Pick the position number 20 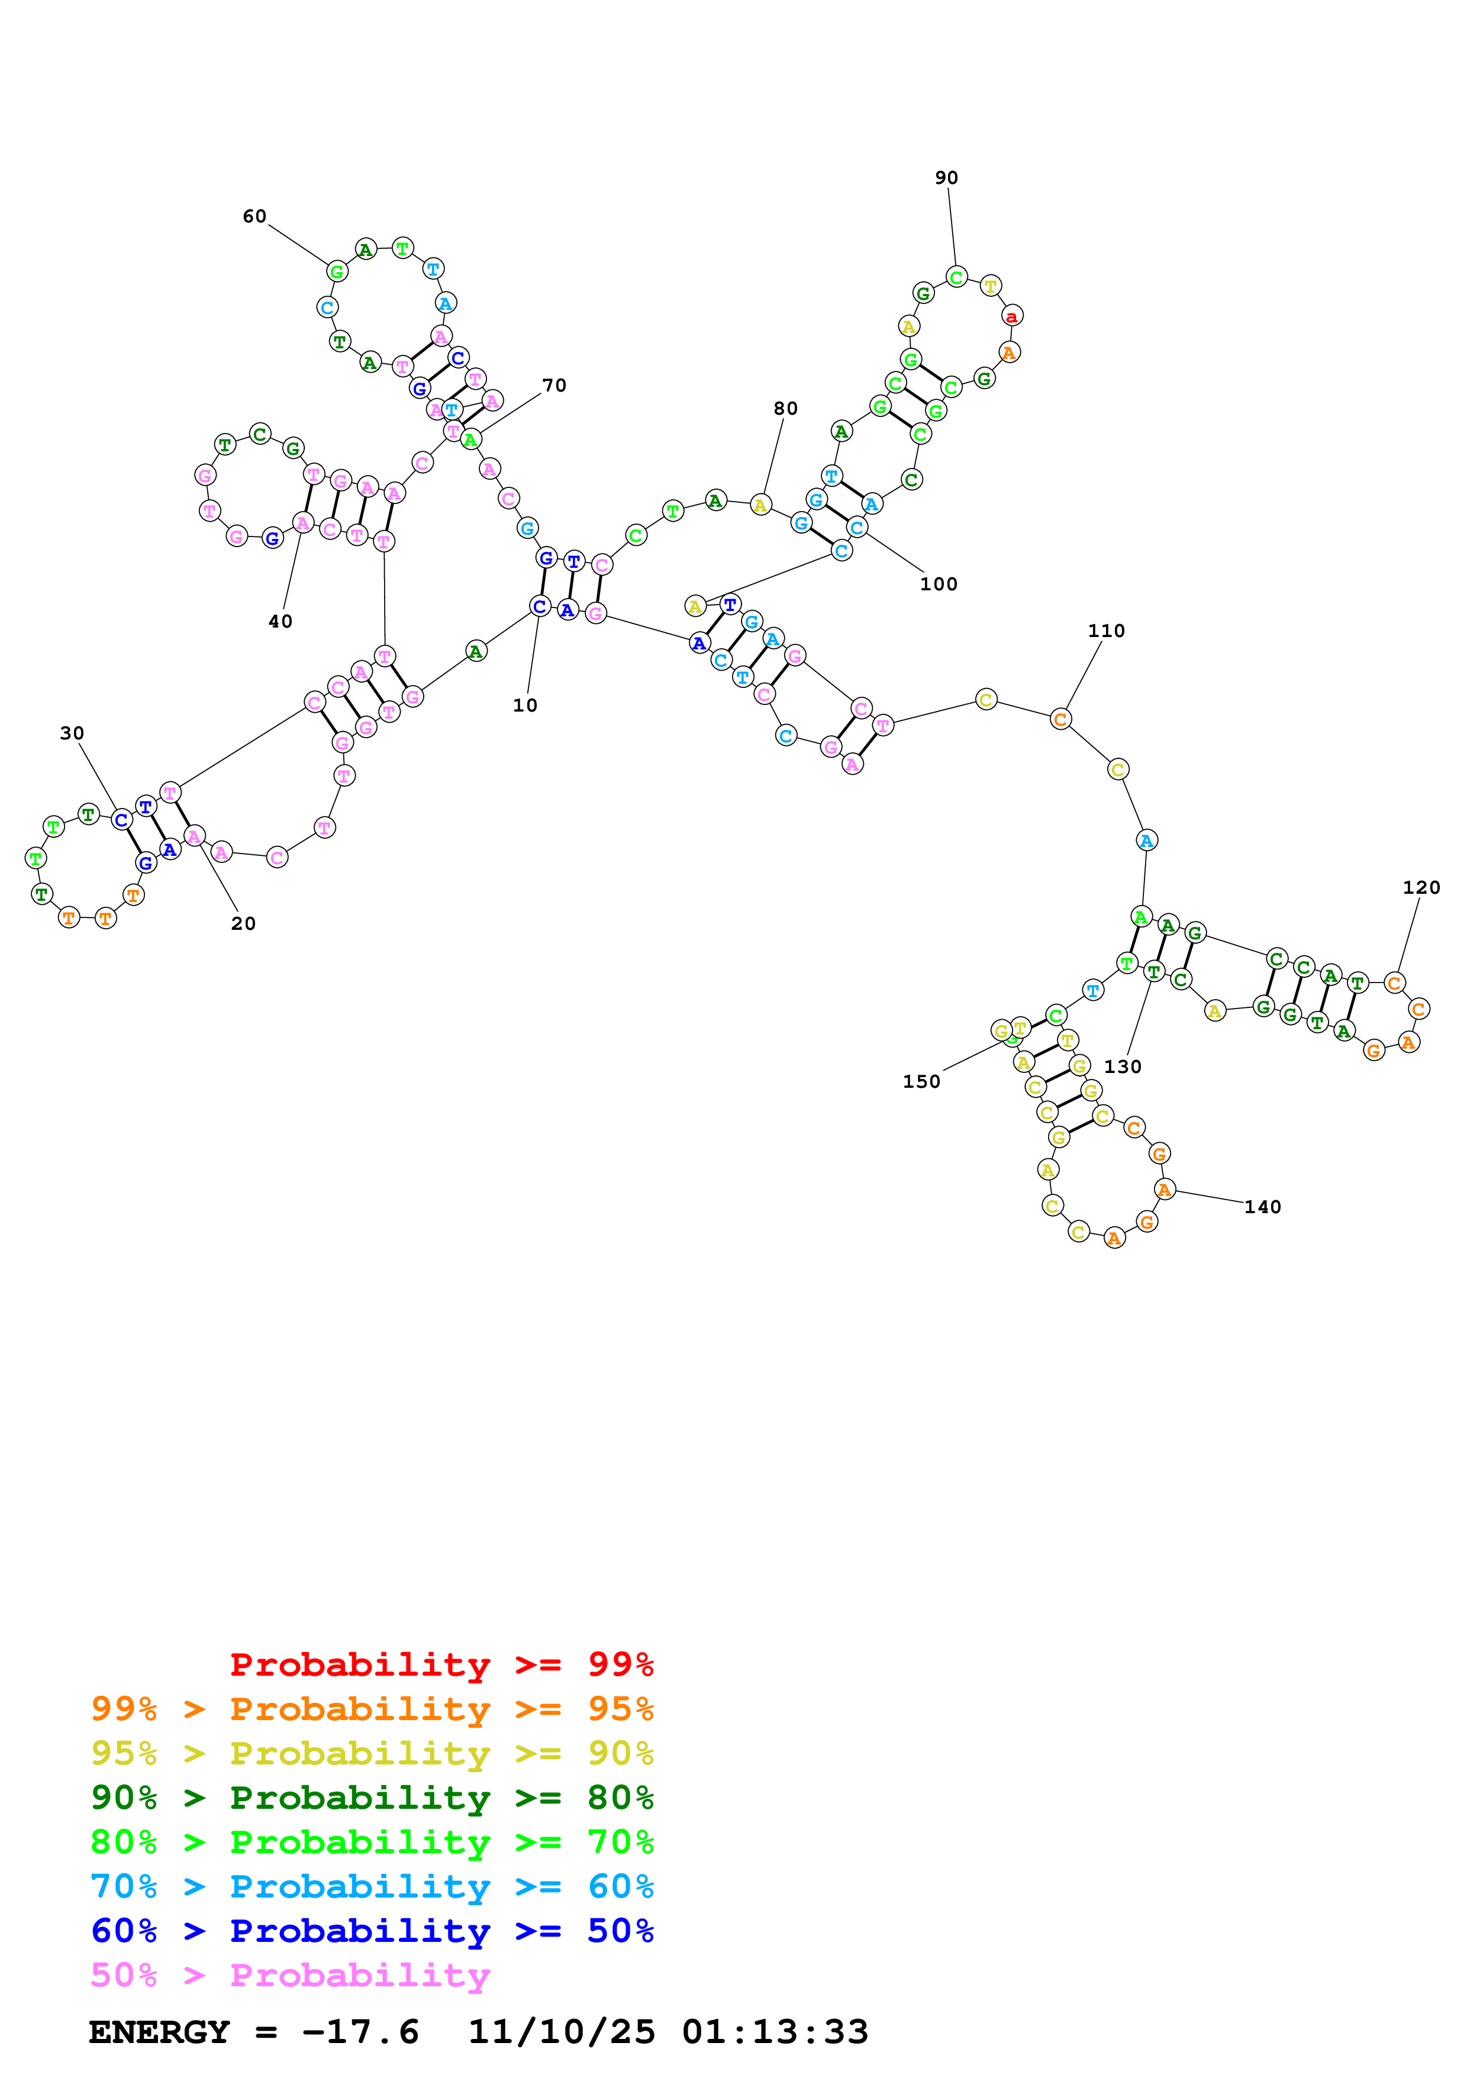click(x=243, y=923)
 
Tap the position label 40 click(x=280, y=622)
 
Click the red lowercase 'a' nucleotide click(x=1011, y=316)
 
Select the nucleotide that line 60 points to click(x=337, y=271)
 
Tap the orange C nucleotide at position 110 click(x=1060, y=719)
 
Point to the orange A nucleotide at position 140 click(x=1164, y=1190)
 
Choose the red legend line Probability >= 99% click(x=441, y=1664)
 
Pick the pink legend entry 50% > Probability click(x=289, y=1976)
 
